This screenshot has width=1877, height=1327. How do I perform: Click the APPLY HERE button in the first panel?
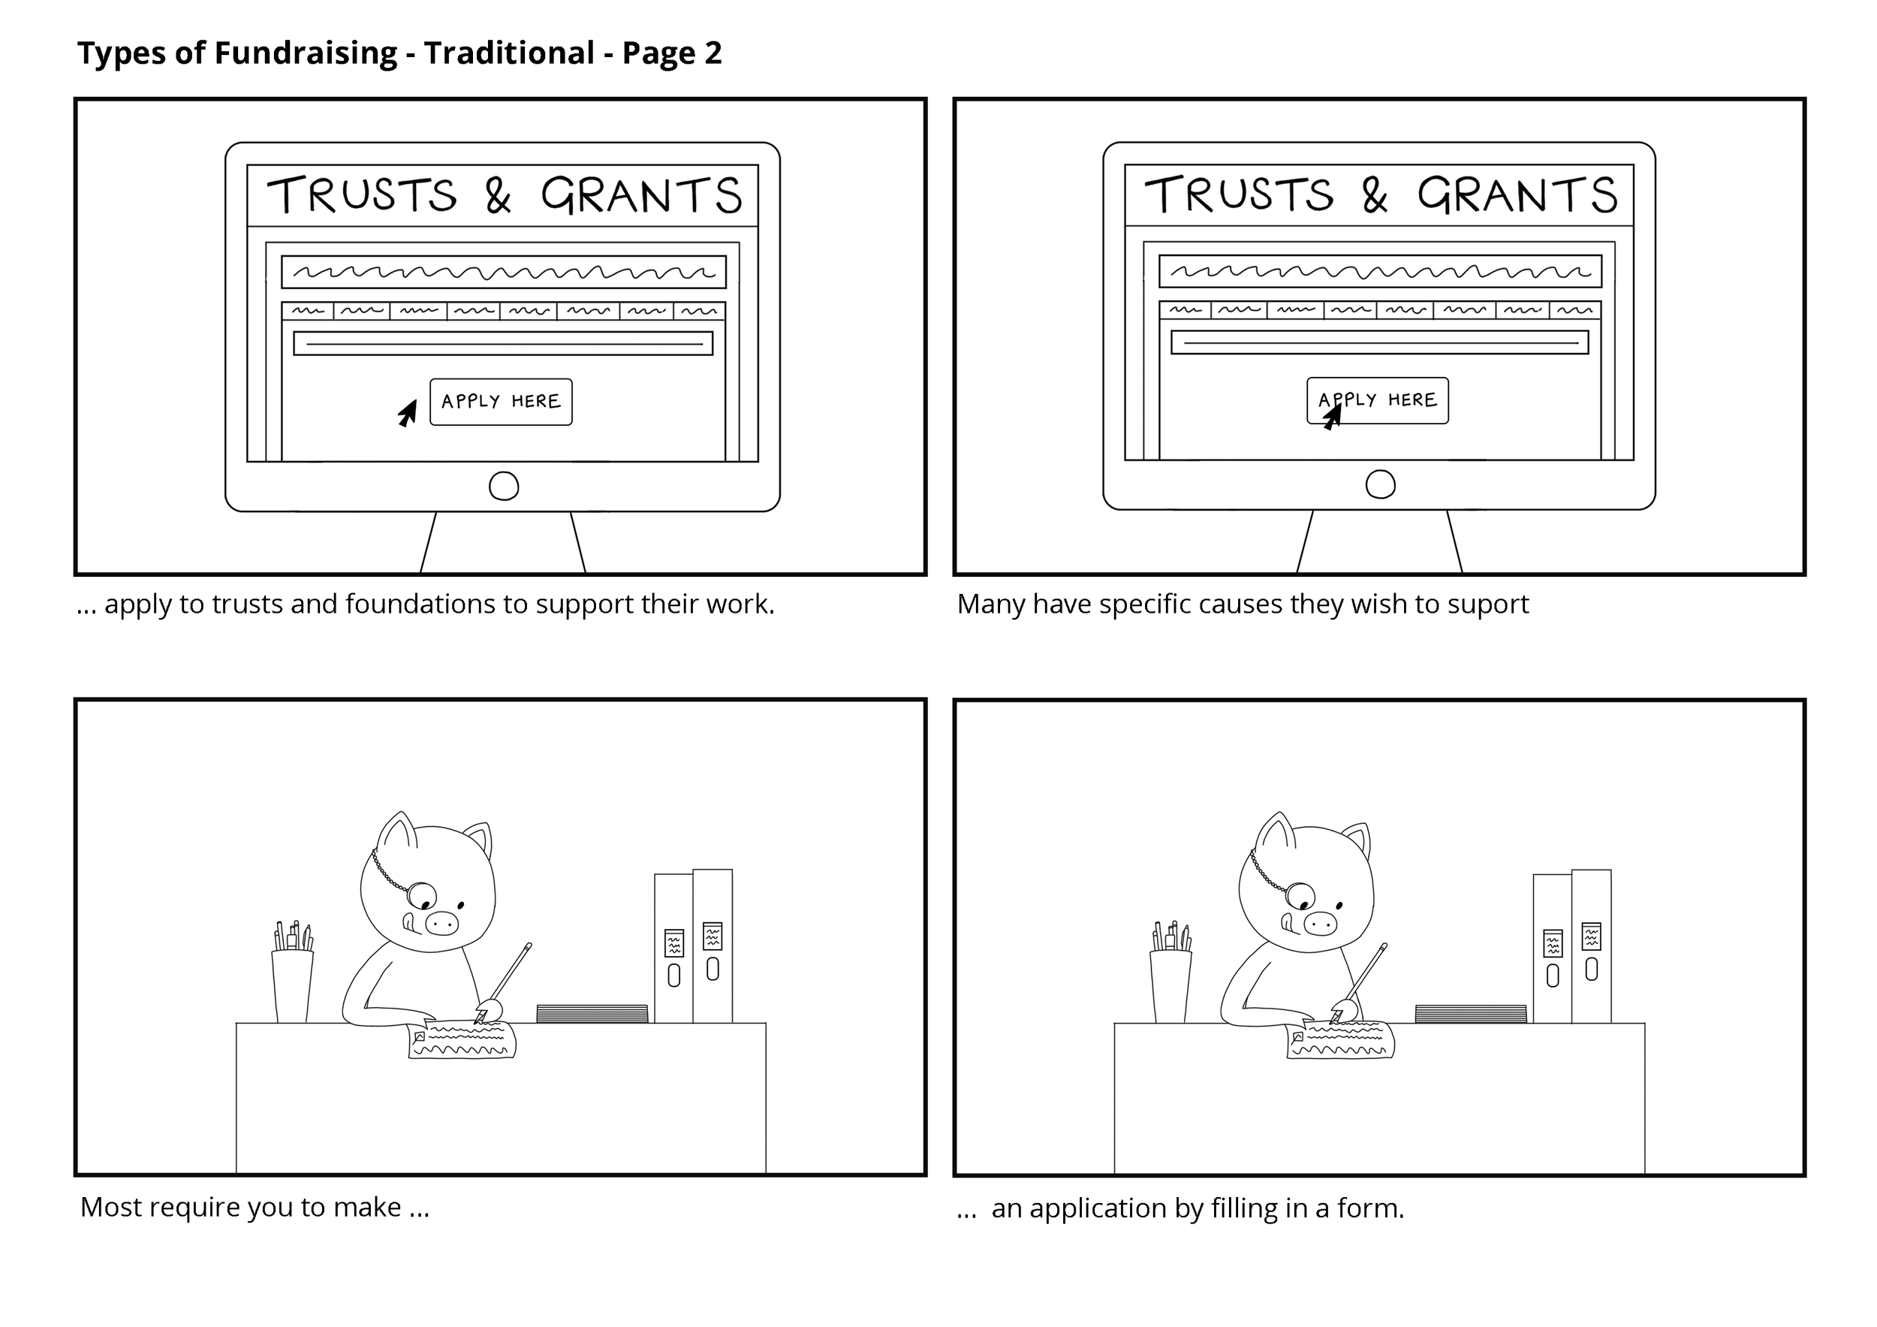501,402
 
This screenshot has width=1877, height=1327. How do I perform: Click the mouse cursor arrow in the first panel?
408,413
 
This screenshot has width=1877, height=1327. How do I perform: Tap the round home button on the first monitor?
504,487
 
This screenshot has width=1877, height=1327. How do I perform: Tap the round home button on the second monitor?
1381,485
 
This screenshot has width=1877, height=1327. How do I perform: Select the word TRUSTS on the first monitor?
362,195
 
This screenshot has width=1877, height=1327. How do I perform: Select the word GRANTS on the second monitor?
1517,195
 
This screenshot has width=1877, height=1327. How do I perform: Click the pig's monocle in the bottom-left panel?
423,896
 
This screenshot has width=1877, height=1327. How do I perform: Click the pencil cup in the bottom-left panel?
293,986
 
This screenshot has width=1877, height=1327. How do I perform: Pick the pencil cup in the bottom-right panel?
1170,986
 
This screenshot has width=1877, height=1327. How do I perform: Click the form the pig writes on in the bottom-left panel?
462,1039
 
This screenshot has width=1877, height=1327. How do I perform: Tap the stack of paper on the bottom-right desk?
1471,1014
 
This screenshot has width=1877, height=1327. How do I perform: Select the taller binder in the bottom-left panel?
713,946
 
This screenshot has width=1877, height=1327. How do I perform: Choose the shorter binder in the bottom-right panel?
1553,949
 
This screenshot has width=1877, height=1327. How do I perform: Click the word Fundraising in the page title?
306,54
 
